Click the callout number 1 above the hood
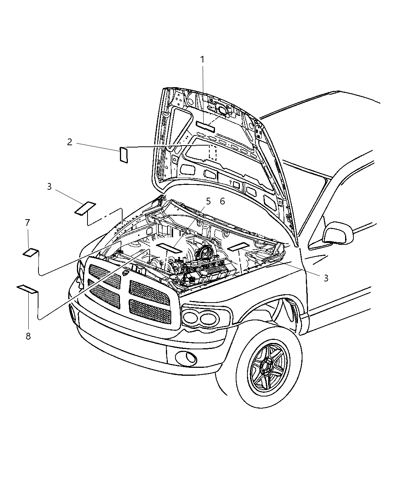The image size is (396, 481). coord(202,60)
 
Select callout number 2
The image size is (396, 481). coord(69,142)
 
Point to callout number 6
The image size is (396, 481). coord(222,201)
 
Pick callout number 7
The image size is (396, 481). coord(27,223)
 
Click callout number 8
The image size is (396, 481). coord(28,336)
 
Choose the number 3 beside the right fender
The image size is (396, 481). coord(326,278)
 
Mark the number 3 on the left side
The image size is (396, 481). coord(49,186)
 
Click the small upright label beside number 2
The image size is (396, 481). coord(124,155)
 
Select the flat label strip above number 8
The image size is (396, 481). coord(28,289)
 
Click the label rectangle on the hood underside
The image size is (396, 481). coord(205,126)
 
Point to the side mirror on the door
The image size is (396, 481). coord(338,233)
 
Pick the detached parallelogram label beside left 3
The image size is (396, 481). coord(85,207)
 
